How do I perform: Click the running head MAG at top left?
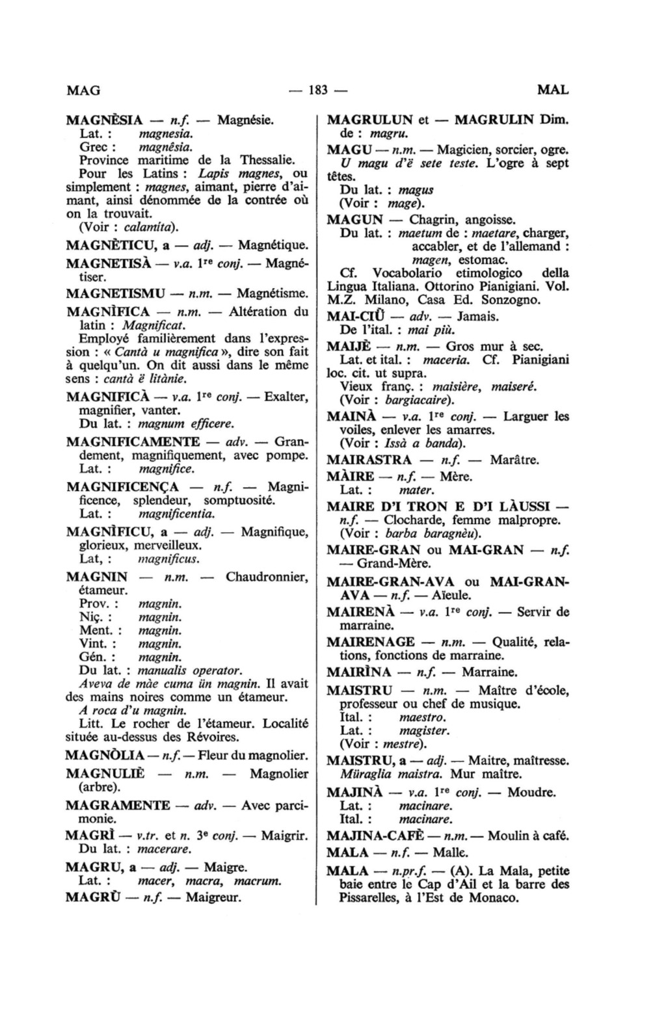tap(83, 90)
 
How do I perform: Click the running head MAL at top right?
tap(553, 90)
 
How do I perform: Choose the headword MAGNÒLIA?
tap(105, 756)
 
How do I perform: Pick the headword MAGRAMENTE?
tap(118, 805)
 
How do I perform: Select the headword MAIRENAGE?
tap(371, 642)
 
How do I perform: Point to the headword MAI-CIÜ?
tap(352, 317)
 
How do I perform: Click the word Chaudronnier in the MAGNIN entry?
tap(267, 577)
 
